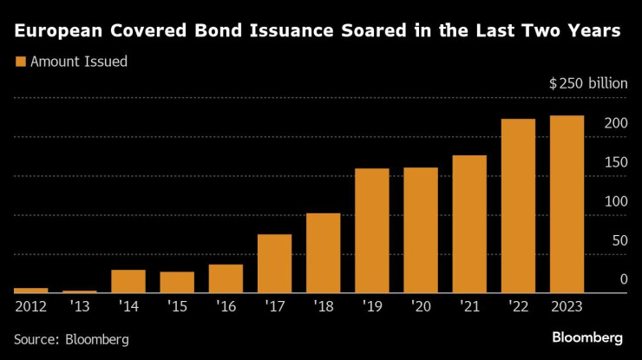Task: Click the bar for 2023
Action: (x=567, y=205)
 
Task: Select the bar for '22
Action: (x=519, y=206)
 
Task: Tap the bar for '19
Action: (x=372, y=231)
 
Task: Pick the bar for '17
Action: (x=274, y=264)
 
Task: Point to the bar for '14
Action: (x=128, y=281)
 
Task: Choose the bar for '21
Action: (x=469, y=224)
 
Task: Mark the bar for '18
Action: (x=323, y=253)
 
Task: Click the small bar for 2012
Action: (x=31, y=291)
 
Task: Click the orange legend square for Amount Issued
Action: (x=21, y=62)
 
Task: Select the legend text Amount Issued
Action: (x=79, y=62)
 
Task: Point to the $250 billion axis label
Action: (x=587, y=84)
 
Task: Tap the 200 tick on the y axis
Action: (x=615, y=124)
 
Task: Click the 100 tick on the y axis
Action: (x=615, y=201)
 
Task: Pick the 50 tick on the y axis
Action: (x=619, y=240)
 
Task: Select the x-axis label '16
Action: (x=226, y=306)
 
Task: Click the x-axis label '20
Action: (x=421, y=306)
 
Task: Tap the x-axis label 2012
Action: (x=31, y=306)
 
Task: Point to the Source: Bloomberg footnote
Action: (x=71, y=338)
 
